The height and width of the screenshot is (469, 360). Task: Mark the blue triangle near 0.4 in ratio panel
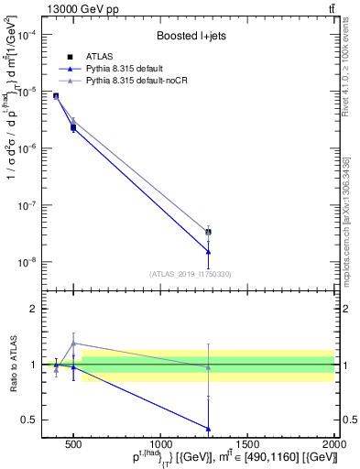click(x=209, y=428)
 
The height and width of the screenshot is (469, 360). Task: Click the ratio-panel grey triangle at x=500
click(x=73, y=344)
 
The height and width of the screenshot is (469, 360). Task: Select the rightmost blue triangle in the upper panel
click(x=209, y=251)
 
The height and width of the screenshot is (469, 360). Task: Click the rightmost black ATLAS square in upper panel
click(x=209, y=232)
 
